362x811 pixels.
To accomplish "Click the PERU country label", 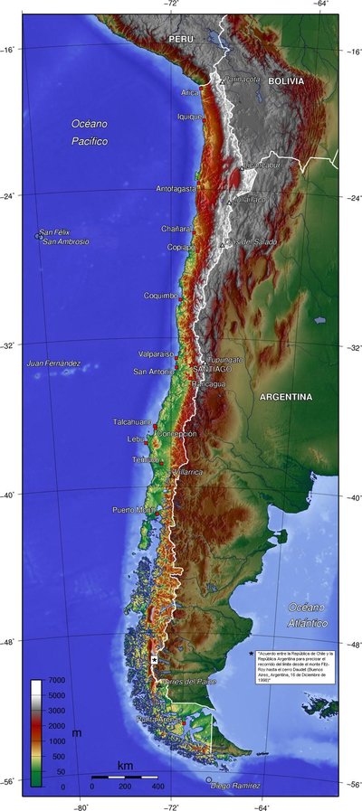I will [x=181, y=41].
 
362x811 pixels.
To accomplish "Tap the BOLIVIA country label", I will [x=285, y=81].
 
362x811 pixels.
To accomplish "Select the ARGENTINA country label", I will [x=285, y=397].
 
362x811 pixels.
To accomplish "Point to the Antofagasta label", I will [x=176, y=189].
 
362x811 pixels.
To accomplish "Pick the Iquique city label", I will [x=188, y=117].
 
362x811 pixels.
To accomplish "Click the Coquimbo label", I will [x=160, y=296].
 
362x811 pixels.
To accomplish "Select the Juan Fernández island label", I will [x=53, y=363].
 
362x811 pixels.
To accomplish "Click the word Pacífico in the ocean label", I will [x=90, y=142].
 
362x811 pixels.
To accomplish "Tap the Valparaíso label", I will [x=156, y=354].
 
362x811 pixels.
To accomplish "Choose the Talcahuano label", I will [x=134, y=422].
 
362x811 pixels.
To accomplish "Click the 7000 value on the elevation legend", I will [x=56, y=679].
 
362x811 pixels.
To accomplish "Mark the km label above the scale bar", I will [x=125, y=767].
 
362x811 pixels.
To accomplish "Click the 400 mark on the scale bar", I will [x=157, y=787].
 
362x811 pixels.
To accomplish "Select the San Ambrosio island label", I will [x=66, y=241].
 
